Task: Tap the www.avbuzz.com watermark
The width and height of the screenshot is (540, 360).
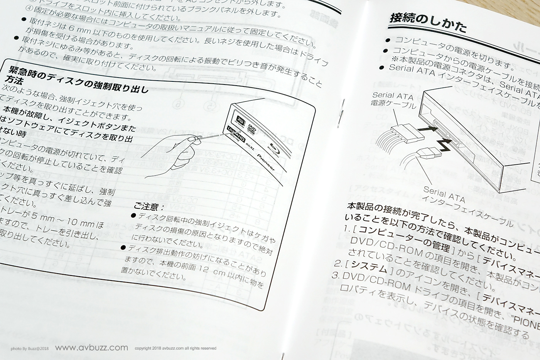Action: [x=91, y=348]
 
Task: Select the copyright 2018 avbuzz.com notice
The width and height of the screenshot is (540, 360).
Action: [x=175, y=348]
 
